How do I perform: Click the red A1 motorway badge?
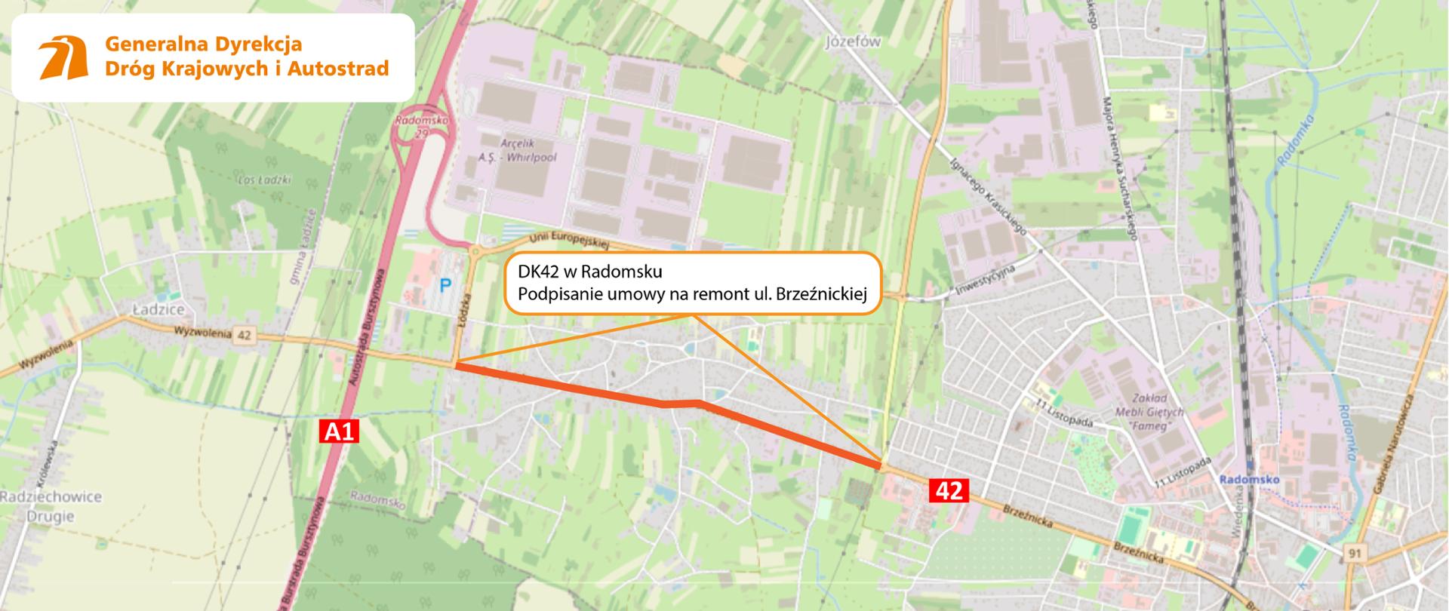point(339,431)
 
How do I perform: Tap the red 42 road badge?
point(949,490)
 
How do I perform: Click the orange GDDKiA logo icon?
point(63,57)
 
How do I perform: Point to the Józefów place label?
point(853,42)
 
